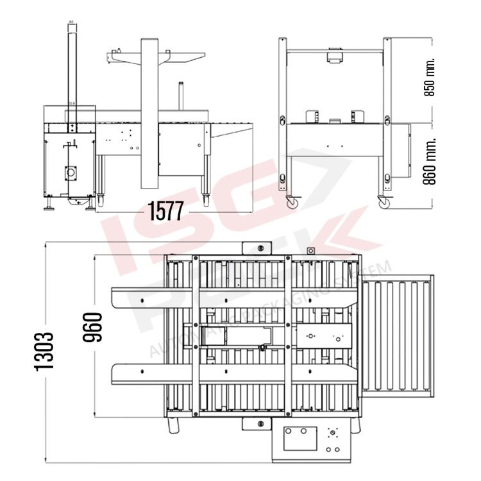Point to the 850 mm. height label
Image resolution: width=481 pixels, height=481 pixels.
click(x=430, y=77)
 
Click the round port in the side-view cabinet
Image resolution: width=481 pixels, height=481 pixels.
click(x=70, y=173)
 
